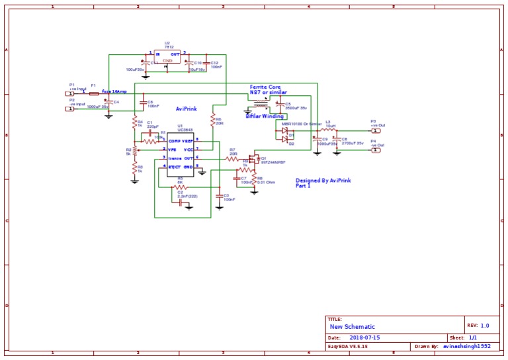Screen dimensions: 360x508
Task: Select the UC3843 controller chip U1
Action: pos(181,154)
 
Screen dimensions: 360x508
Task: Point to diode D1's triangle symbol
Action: pos(284,130)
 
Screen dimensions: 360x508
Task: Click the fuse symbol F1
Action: pos(93,93)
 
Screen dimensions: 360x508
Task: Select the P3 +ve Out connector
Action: pos(376,130)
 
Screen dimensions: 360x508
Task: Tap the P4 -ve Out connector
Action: pos(376,150)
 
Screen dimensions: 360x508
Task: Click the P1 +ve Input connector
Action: pos(69,93)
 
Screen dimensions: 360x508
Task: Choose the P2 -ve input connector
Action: pos(69,109)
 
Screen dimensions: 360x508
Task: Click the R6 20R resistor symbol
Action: pos(212,120)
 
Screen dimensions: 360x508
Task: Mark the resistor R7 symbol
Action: pos(232,159)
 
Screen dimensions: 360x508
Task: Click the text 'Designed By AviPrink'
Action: pos(323,180)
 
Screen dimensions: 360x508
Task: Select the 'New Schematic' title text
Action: pos(353,327)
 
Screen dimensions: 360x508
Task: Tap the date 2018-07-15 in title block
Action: pos(364,337)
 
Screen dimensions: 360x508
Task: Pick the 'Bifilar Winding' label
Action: pos(265,116)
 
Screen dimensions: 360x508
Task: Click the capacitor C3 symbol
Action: pos(219,196)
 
